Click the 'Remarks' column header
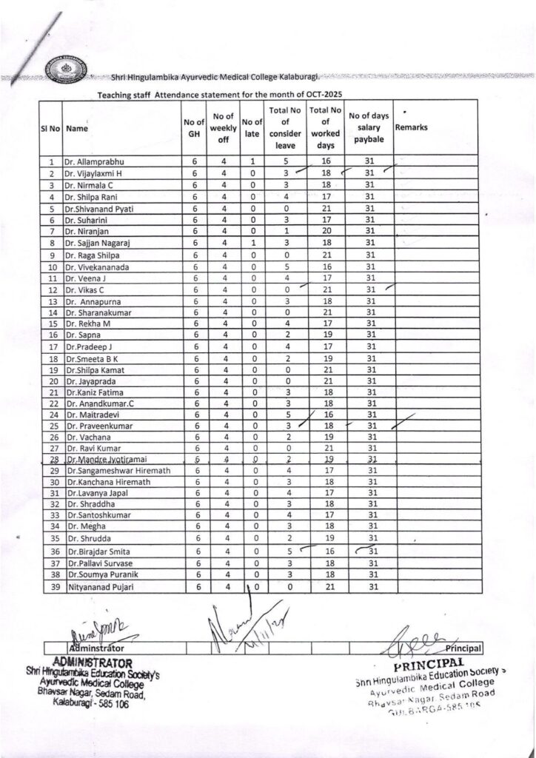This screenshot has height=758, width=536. tap(412, 127)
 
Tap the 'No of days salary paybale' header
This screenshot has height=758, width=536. tap(369, 127)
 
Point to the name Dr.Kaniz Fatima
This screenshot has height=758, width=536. tap(95, 392)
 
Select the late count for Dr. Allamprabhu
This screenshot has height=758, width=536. tap(252, 161)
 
